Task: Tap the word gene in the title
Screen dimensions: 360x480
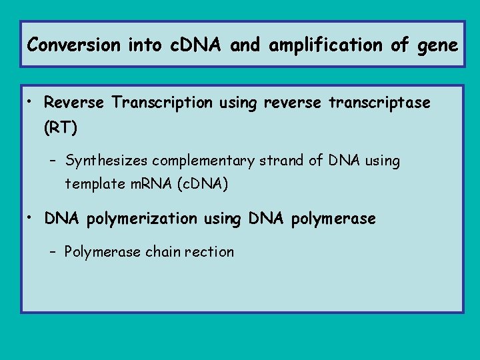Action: click(x=437, y=46)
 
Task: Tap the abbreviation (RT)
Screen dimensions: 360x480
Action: click(x=61, y=128)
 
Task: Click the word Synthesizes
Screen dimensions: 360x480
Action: click(x=109, y=161)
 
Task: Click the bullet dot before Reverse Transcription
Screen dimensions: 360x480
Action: click(x=31, y=103)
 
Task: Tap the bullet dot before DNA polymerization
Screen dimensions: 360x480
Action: click(x=31, y=218)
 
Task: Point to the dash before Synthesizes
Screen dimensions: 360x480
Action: click(x=53, y=161)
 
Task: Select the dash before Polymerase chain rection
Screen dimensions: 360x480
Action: click(x=53, y=252)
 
